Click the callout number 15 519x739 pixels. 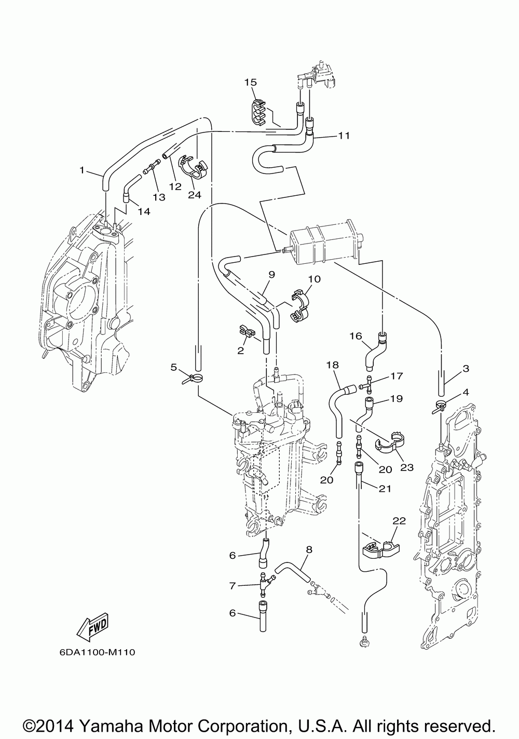tap(251, 82)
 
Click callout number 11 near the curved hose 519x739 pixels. tap(344, 136)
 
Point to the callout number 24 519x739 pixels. tap(195, 195)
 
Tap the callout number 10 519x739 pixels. tap(314, 279)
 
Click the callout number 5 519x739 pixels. tap(174, 367)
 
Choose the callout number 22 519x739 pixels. tap(399, 520)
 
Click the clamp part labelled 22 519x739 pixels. tap(381, 548)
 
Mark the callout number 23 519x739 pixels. tap(406, 467)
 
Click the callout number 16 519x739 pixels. tap(356, 336)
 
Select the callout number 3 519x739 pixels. tap(466, 368)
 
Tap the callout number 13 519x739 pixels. tap(159, 197)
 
